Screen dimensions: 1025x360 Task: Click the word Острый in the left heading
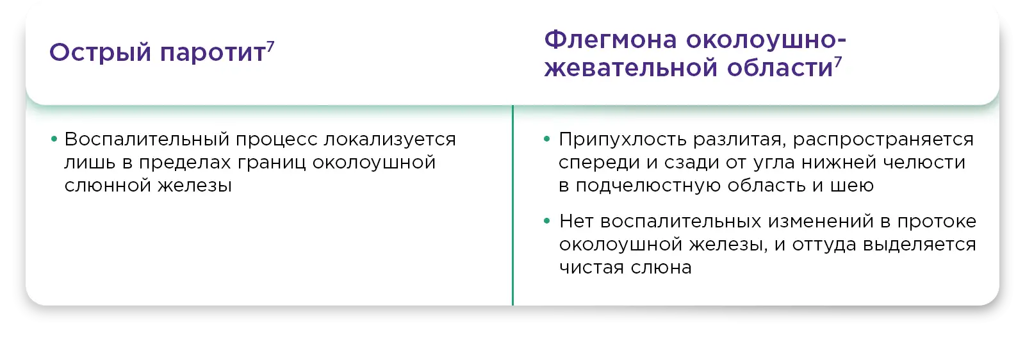pyautogui.click(x=100, y=53)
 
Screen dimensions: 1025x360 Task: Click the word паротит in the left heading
pyautogui.click(x=212, y=53)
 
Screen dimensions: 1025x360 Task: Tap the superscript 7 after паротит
pyautogui.click(x=270, y=47)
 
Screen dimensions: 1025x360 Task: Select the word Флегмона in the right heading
pyautogui.click(x=611, y=40)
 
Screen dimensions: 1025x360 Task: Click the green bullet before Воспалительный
pyautogui.click(x=54, y=138)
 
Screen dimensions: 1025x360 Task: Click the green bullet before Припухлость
pyautogui.click(x=546, y=138)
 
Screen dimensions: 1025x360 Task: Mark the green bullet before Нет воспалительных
pyautogui.click(x=546, y=221)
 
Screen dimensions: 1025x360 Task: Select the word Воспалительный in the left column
pyautogui.click(x=147, y=139)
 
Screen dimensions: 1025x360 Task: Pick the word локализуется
pyautogui.click(x=390, y=139)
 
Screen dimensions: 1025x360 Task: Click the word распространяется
pyautogui.click(x=883, y=139)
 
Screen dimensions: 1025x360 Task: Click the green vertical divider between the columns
pyautogui.click(x=512, y=206)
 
